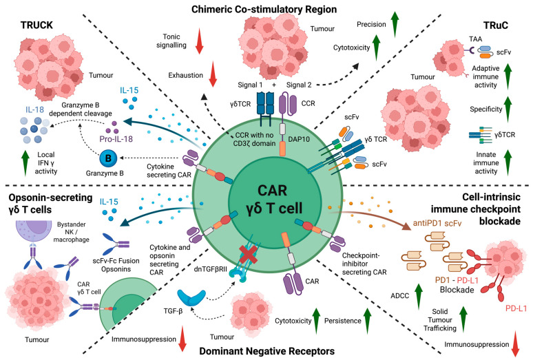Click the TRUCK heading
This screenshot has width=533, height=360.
coord(36,25)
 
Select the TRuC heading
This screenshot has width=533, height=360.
coord(496,25)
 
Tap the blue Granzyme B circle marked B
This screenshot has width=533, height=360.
coord(108,158)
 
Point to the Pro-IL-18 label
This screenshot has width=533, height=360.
coord(116,139)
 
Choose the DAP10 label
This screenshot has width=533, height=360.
coord(299,139)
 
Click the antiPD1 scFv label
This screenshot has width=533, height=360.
coord(437,223)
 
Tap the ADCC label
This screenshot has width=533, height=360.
coord(399,296)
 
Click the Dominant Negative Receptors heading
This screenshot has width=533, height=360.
coord(266,351)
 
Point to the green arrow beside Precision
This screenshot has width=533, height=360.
coord(395,24)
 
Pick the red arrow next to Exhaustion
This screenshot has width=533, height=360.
coord(213,74)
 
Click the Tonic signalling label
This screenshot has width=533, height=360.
coord(171,41)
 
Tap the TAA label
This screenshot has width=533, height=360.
coord(476,39)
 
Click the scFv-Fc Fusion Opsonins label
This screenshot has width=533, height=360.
coord(116,265)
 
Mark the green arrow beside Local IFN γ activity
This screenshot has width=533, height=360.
coord(25,163)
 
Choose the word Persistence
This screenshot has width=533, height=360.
coord(343,321)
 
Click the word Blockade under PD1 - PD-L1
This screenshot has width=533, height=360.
coord(457,290)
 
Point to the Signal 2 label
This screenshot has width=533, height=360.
coord(299,85)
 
